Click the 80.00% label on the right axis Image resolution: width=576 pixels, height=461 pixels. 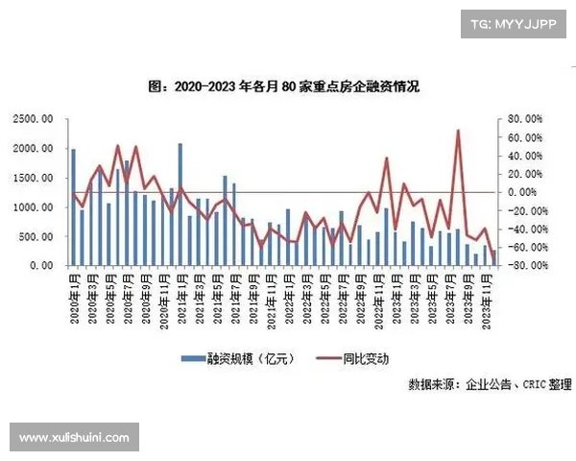pos(522,119)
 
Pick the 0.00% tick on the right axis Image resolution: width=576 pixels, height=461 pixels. pos(524,192)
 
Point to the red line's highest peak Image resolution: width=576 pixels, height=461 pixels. pos(458,131)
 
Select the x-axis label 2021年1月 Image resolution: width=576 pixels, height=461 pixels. pos(180,297)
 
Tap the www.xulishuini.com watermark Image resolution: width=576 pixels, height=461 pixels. pos(74,438)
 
